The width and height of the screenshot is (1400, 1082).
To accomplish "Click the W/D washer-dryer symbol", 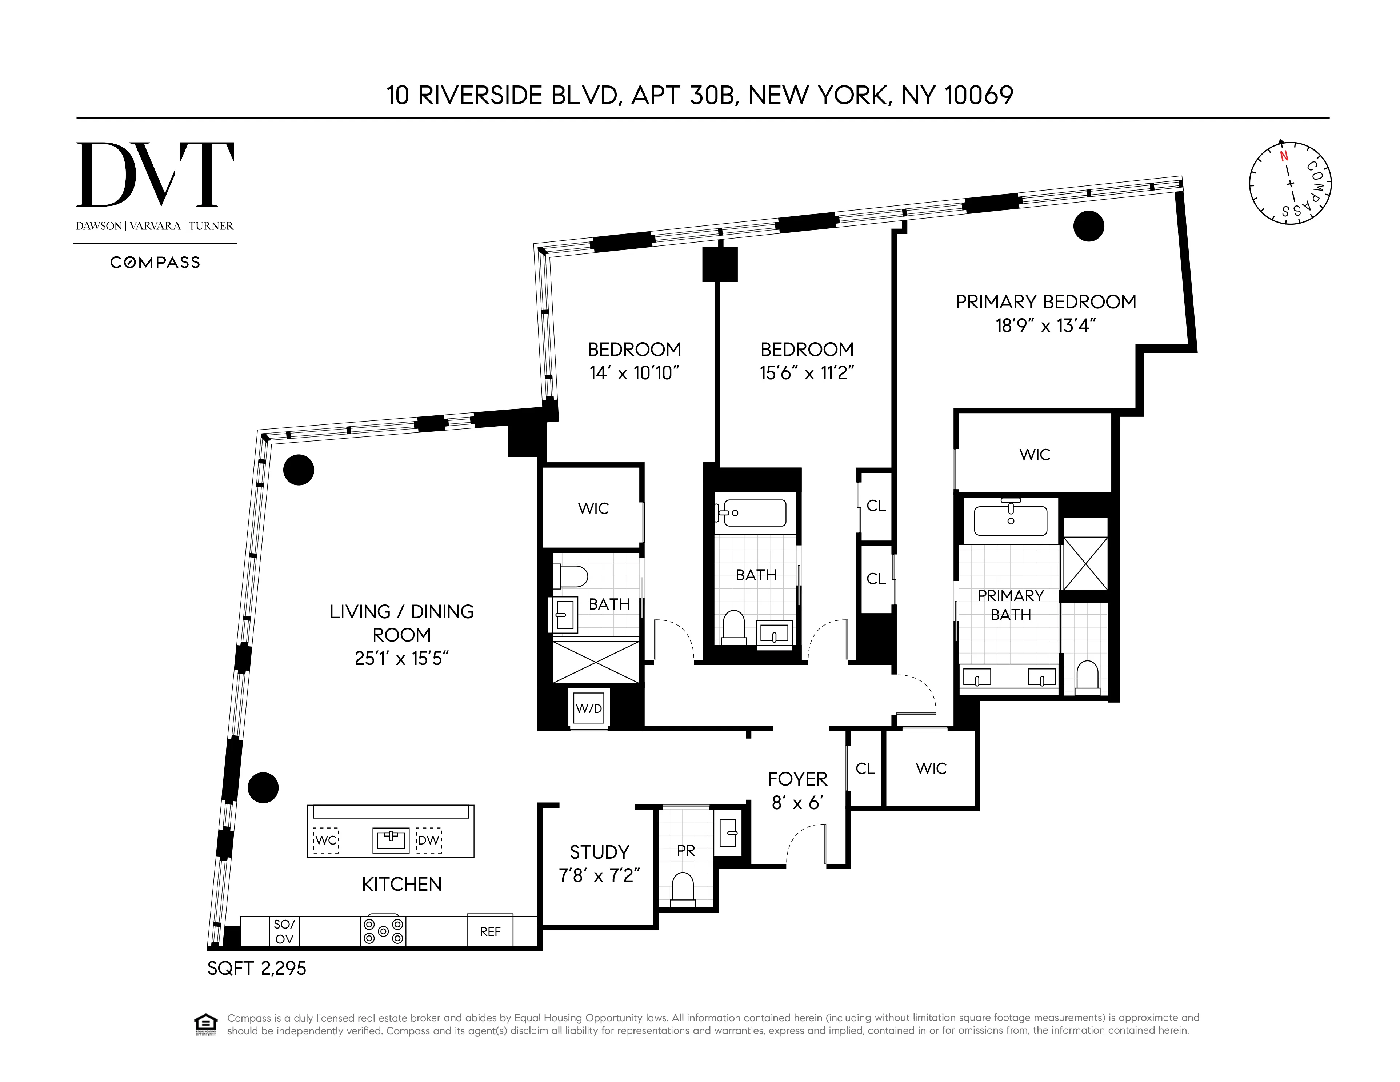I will coord(588,708).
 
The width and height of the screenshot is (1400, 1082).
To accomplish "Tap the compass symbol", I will coord(1290,183).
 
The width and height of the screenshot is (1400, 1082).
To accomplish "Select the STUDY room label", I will coord(599,852).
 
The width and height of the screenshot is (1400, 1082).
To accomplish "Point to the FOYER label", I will coord(797,779).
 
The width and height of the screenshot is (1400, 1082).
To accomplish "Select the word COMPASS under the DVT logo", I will coord(155,262).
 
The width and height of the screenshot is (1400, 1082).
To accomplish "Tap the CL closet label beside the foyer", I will coord(865,768).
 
